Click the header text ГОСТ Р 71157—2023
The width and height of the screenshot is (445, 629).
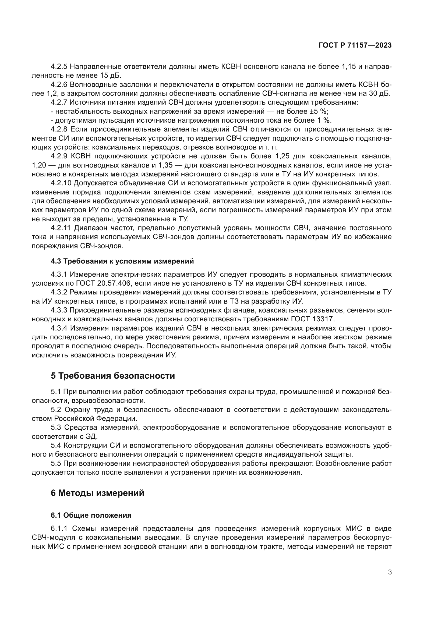pos(355,45)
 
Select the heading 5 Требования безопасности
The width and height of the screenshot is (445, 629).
pos(113,376)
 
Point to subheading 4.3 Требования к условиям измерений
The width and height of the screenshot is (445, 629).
pos(122,261)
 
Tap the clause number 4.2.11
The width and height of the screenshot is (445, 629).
pos(61,228)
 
